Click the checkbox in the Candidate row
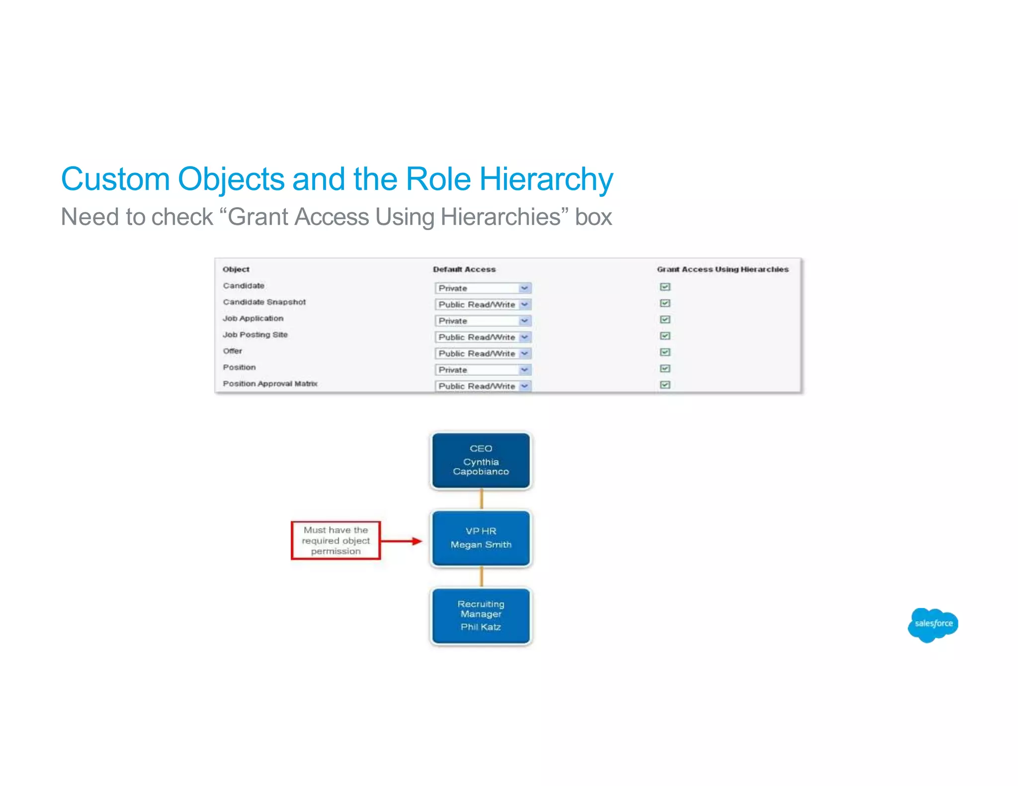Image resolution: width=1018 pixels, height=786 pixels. click(665, 287)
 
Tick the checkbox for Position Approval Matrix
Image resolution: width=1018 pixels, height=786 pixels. click(665, 385)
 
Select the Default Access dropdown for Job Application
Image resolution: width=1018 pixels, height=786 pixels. click(483, 321)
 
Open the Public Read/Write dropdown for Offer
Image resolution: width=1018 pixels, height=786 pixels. click(483, 354)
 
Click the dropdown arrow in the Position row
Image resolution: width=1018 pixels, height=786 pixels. click(524, 370)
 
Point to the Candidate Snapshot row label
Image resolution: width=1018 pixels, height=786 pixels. click(264, 302)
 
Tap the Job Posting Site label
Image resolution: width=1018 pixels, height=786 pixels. click(255, 335)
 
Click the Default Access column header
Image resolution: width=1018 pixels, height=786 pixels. click(464, 269)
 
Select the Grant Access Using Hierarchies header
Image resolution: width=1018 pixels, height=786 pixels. click(722, 269)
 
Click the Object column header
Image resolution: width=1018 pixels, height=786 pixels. click(236, 269)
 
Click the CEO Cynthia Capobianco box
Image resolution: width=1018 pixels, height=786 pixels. click(481, 461)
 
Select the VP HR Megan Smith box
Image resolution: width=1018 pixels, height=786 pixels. click(481, 538)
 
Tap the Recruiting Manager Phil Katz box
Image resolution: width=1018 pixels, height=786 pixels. click(481, 616)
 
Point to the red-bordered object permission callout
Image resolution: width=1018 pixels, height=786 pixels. click(336, 541)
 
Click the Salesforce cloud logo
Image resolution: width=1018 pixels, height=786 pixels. click(933, 625)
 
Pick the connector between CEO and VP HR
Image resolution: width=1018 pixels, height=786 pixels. click(481, 499)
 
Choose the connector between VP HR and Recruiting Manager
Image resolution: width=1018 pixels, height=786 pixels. click(481, 577)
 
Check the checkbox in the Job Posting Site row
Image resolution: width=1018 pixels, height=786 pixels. click(665, 336)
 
